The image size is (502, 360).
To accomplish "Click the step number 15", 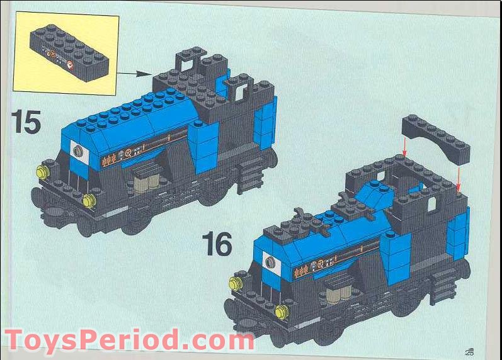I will coord(26,121).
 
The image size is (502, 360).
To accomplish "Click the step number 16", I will coord(217,244).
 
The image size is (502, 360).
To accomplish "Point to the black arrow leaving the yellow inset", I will coord(136,73).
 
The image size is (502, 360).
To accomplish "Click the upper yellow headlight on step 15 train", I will coord(43,172).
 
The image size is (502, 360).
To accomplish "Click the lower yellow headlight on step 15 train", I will coord(88,201).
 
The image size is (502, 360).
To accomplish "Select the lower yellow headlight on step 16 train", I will coord(282,311).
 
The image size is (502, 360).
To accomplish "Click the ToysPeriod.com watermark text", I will coord(129,340).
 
